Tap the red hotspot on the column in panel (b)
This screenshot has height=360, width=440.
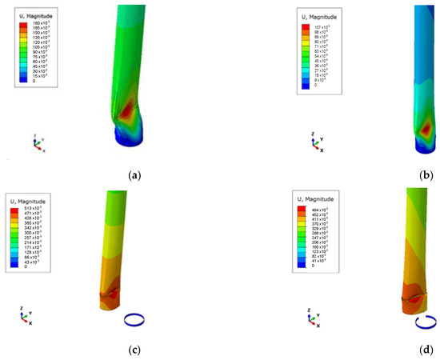(x=426, y=128)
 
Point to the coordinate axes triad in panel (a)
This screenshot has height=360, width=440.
(x=38, y=144)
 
